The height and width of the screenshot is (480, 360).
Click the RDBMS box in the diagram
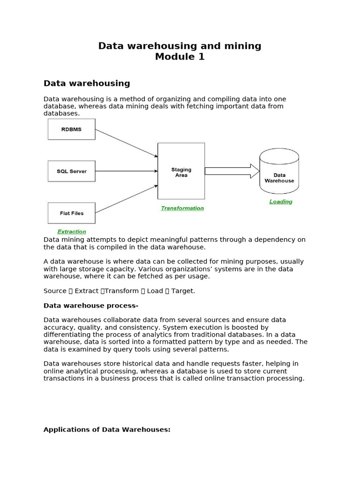tap(71, 129)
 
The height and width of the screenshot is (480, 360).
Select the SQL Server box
tap(71, 171)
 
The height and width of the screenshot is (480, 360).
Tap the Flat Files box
tap(71, 213)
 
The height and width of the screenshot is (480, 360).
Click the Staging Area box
tap(181, 172)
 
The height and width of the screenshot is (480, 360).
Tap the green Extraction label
tap(72, 232)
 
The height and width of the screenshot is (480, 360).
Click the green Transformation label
tap(182, 208)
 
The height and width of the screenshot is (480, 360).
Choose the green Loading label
tap(281, 202)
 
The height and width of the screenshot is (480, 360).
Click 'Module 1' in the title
tap(180, 57)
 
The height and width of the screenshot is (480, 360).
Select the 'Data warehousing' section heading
tap(87, 83)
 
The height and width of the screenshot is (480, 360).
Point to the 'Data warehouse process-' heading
tap(91, 306)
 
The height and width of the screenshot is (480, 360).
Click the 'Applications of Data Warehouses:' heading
tap(107, 429)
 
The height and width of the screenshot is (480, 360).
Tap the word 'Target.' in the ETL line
tap(183, 291)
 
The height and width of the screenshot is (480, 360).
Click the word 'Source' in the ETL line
tap(55, 291)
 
